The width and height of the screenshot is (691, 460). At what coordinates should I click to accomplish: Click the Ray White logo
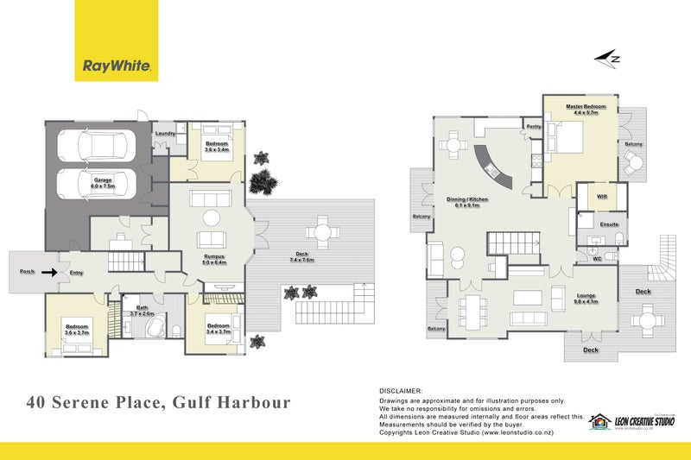coord(116,41)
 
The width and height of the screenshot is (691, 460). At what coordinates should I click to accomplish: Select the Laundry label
coord(165,134)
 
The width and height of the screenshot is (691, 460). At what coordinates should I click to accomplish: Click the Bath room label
coord(143,312)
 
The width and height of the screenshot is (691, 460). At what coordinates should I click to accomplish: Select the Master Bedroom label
coord(586,109)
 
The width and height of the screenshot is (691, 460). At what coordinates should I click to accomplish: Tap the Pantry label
coord(533,127)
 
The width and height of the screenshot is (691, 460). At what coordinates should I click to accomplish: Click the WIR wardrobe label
coord(602,197)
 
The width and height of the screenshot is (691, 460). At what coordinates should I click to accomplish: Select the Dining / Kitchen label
coord(467,202)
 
